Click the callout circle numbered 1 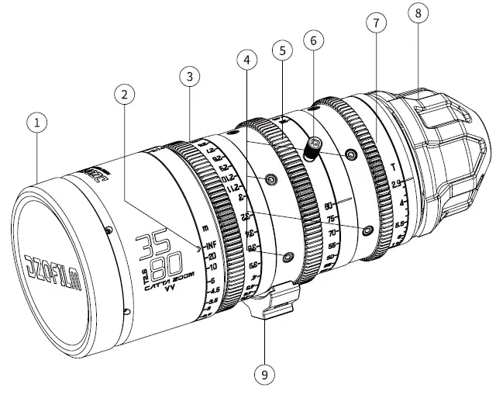(36, 122)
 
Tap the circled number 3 (189, 76)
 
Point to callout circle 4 (246, 60)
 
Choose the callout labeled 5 (282, 50)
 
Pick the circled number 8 (418, 15)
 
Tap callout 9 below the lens (264, 375)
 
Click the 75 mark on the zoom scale (332, 220)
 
